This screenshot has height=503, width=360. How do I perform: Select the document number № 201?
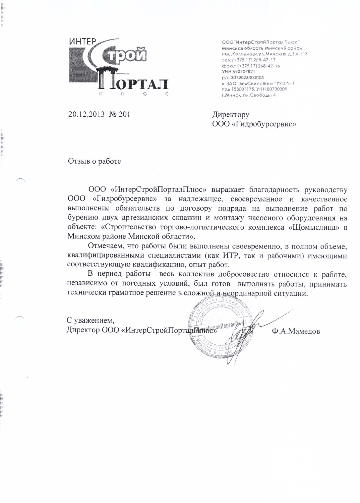pos(119,114)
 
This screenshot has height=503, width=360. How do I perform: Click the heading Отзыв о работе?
pos(95,161)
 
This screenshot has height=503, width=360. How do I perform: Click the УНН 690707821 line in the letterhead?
pos(239,71)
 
